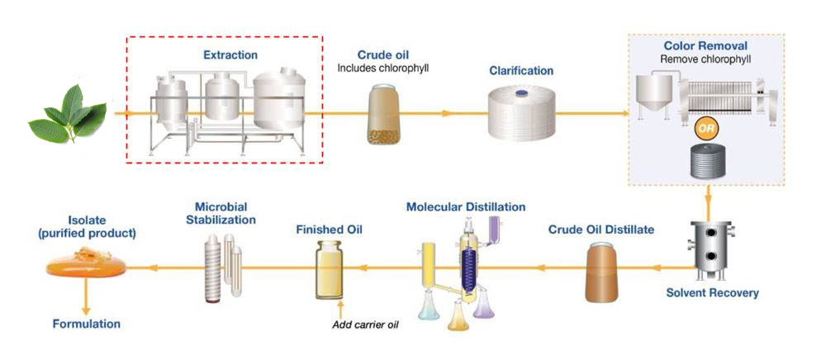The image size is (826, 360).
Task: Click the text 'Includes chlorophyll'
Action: point(383,68)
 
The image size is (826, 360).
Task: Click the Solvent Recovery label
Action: point(712,292)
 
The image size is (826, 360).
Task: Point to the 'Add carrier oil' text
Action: point(365,323)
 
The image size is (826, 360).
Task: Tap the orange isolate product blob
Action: point(86,266)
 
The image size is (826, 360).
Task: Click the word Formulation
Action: point(86,324)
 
